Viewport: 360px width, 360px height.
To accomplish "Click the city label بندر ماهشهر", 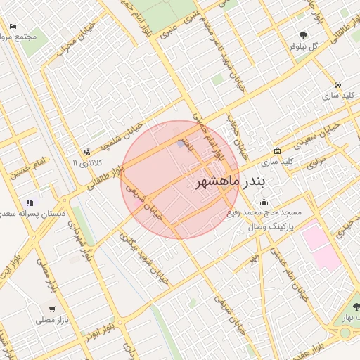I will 229,182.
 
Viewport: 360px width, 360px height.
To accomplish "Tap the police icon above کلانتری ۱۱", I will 86,151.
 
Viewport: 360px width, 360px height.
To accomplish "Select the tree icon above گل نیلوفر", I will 303,34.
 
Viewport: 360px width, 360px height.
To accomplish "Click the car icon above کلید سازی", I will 338,82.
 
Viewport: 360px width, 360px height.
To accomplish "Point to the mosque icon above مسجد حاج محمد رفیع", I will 264,202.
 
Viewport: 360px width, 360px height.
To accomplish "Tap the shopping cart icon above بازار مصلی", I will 52,309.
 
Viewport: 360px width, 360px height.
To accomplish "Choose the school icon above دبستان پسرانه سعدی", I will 30,202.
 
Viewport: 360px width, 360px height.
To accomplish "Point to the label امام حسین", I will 27,169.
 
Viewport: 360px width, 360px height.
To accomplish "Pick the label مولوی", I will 316,162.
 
